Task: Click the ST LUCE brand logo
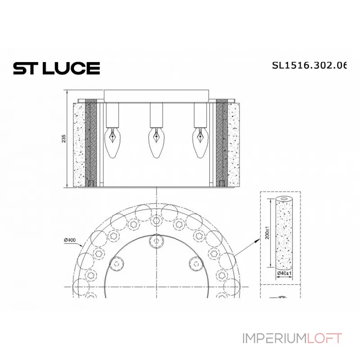point(56,68)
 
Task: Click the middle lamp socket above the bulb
point(156,114)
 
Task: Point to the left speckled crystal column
point(78,143)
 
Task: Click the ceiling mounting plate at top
point(156,95)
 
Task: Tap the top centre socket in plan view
point(156,241)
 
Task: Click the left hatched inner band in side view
point(91,143)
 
